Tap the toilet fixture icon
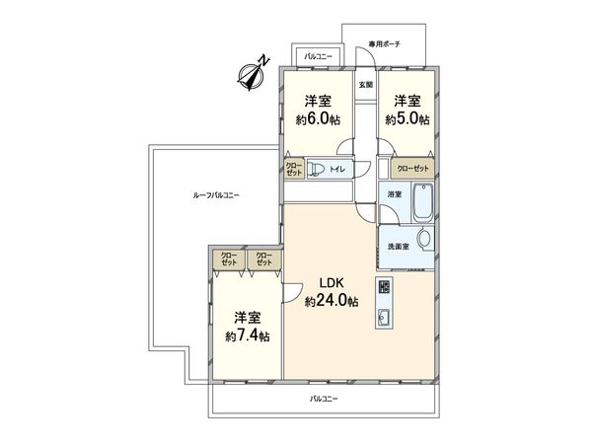[314, 169]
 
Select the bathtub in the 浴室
[423, 202]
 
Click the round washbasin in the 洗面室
[424, 239]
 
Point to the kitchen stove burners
[385, 287]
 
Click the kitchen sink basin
[384, 317]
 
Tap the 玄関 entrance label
[365, 85]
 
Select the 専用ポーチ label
[384, 44]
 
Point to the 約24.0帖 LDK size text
[332, 301]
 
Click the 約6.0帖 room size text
[318, 119]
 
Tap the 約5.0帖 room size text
[407, 119]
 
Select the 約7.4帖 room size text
[248, 336]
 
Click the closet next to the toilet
[294, 169]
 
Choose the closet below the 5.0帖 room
[412, 169]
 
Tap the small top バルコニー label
[319, 56]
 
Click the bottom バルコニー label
[324, 399]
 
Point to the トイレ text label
[337, 169]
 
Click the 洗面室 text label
[399, 247]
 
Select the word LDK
[332, 283]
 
